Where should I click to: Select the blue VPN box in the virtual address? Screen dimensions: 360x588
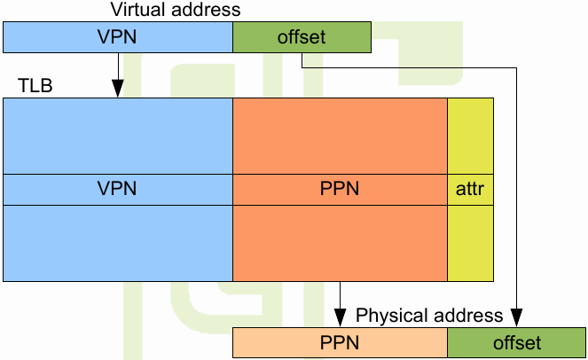tap(118, 38)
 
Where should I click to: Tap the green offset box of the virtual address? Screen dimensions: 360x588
tap(302, 38)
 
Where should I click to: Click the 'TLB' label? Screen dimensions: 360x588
tap(34, 86)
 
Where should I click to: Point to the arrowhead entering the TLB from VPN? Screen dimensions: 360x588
tap(118, 90)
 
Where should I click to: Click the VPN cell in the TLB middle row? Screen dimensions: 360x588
tap(118, 190)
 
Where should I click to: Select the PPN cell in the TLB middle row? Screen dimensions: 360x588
tap(340, 190)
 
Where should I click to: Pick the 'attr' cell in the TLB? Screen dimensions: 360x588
tap(470, 190)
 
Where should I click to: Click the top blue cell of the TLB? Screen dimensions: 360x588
tap(118, 136)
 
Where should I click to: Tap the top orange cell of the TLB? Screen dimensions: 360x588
tap(340, 136)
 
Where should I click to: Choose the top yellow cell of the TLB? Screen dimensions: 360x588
tap(470, 136)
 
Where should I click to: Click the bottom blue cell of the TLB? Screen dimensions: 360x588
tap(118, 243)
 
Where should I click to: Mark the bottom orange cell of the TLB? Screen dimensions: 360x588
tap(340, 243)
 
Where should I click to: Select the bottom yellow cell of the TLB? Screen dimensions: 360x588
tap(470, 243)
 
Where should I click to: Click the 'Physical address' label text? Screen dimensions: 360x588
tap(429, 316)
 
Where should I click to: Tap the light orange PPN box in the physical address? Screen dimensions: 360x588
tap(340, 342)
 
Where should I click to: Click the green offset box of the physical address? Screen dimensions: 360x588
tap(516, 342)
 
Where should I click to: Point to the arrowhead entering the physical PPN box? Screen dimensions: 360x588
tap(340, 318)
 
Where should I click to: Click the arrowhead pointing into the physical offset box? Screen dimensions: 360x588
tap(516, 318)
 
